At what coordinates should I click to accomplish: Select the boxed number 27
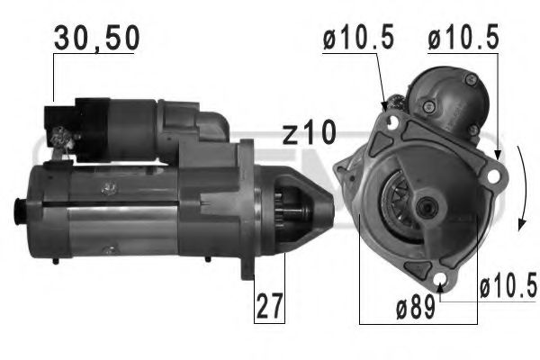pyautogui.click(x=268, y=306)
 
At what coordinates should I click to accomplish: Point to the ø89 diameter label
pyautogui.click(x=416, y=309)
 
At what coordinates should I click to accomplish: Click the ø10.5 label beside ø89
pyautogui.click(x=507, y=288)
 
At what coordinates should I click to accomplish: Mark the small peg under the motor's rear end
pyautogui.click(x=55, y=261)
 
